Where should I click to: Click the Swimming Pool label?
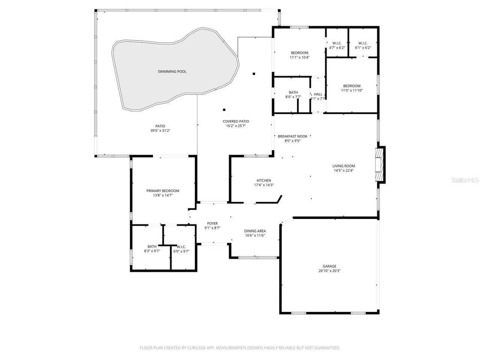[x=172, y=71]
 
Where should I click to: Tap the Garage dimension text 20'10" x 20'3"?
[x=329, y=271]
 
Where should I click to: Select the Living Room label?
[x=343, y=166]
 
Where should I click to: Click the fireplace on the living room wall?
[x=380, y=165]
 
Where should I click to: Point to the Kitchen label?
[x=264, y=180]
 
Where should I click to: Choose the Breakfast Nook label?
[x=292, y=136]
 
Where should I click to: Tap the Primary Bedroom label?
[x=163, y=190]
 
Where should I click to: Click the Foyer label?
[x=212, y=223]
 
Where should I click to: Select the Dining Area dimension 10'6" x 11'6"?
[x=255, y=235]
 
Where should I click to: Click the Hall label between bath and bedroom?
[x=318, y=94]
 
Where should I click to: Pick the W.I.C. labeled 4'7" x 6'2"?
[x=337, y=43]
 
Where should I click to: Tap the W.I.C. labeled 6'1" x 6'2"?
[x=363, y=43]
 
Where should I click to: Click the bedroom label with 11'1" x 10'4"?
[x=300, y=52]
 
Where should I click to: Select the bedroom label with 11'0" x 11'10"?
[x=352, y=86]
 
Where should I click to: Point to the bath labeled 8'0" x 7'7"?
[x=293, y=92]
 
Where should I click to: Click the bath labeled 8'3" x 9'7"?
[x=152, y=246]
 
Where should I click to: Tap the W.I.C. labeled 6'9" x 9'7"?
[x=181, y=247]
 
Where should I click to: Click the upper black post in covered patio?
[x=254, y=73]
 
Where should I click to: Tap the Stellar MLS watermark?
[x=465, y=180]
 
